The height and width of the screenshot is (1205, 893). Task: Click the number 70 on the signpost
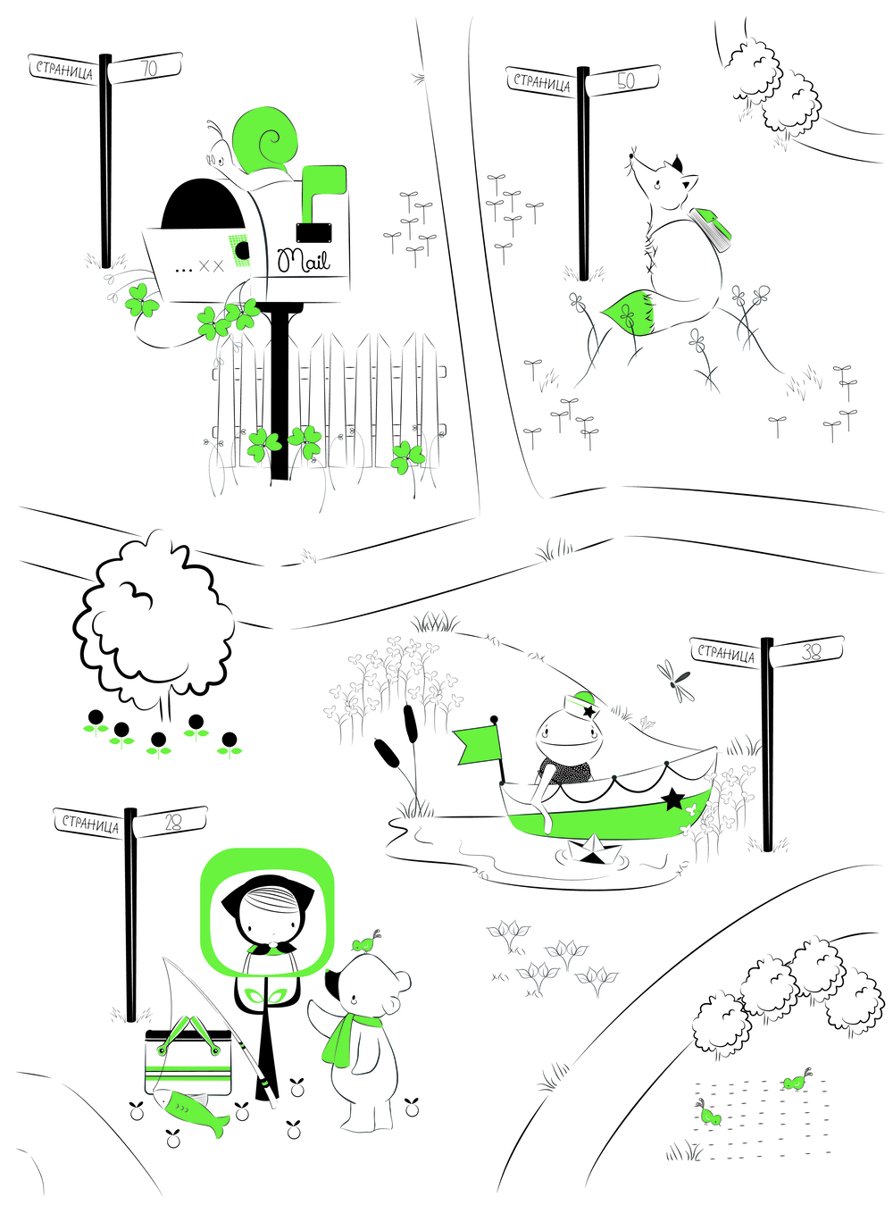tap(148, 68)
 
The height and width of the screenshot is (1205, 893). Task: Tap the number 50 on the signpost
tap(625, 81)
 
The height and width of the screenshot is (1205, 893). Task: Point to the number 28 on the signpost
tap(172, 823)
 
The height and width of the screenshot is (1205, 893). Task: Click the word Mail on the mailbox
tap(303, 260)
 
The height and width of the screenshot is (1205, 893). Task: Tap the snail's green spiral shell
tap(264, 139)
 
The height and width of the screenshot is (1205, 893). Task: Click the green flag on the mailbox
tap(321, 192)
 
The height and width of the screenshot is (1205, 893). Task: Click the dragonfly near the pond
tap(672, 679)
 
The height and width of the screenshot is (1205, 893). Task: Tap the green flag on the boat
tap(478, 745)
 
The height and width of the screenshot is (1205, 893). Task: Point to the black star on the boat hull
tap(672, 799)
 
